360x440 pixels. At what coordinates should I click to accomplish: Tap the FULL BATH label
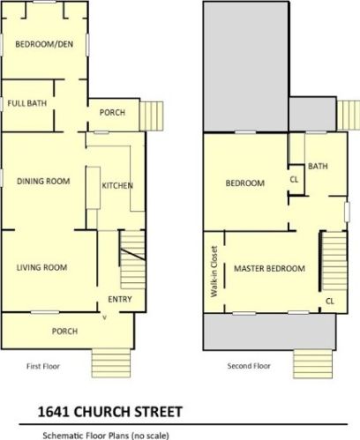point(26,103)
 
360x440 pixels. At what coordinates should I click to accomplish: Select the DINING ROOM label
point(42,182)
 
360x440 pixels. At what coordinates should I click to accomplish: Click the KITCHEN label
point(117,186)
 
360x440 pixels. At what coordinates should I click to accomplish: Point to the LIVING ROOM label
point(42,267)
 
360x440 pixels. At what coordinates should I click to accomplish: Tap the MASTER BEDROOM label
point(269,268)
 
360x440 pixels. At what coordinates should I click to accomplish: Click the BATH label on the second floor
point(318,165)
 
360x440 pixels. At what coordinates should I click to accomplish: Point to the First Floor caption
point(42,365)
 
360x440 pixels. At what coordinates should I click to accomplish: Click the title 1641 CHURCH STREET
point(110,412)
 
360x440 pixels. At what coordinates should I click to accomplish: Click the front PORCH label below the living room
point(64,332)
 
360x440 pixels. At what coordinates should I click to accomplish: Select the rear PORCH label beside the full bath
point(111,112)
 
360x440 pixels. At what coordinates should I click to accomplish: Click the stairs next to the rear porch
point(154,115)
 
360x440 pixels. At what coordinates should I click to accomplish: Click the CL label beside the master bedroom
point(329,301)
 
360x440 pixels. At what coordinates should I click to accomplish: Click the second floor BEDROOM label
point(244,183)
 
